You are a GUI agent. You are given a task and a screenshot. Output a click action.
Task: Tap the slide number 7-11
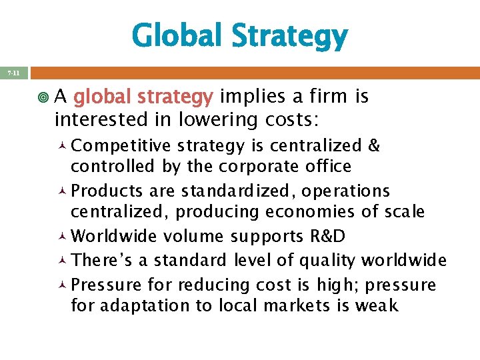tap(14, 72)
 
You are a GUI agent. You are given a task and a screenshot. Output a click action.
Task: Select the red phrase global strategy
tap(143, 97)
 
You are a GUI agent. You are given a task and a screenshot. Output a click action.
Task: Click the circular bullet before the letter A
tap(44, 97)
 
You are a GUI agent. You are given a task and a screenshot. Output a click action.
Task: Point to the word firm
tap(328, 97)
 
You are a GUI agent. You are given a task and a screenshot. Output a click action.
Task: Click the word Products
tap(107, 191)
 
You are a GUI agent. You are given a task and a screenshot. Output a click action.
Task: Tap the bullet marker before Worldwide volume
tap(61, 237)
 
